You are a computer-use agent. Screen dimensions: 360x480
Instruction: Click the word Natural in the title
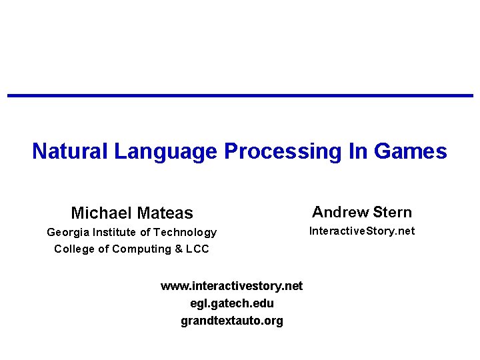click(70, 151)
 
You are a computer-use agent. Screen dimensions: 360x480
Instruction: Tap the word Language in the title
click(165, 151)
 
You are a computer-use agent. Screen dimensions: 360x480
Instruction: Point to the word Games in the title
click(411, 151)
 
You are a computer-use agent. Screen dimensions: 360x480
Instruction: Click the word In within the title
click(358, 151)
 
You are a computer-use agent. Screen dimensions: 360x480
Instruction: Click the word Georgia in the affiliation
click(68, 233)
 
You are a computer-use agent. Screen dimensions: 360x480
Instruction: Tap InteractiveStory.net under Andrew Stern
click(362, 231)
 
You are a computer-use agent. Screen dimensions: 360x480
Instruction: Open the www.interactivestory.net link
click(231, 286)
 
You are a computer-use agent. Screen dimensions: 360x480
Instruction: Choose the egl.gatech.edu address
click(231, 303)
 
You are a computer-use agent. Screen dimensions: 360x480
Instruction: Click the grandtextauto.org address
click(231, 321)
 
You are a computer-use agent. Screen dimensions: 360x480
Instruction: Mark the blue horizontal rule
click(240, 96)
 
